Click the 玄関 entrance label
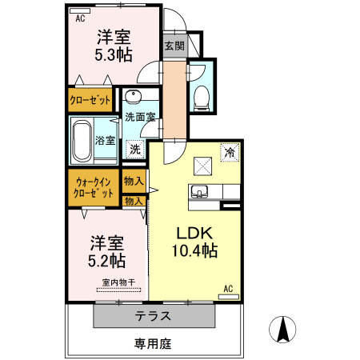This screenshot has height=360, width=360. (x=174, y=46)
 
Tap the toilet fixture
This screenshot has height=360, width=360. (x=202, y=96)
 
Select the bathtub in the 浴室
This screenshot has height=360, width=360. (x=84, y=141)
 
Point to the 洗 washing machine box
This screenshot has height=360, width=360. (x=135, y=148)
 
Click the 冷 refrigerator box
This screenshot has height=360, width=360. (x=230, y=152)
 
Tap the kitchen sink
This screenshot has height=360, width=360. (x=200, y=191)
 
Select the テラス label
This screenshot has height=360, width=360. (x=152, y=314)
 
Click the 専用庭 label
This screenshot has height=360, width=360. (x=152, y=344)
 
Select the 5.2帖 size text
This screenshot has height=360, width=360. (x=106, y=260)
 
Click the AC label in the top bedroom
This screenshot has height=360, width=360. (x=80, y=18)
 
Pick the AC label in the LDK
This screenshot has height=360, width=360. (x=228, y=289)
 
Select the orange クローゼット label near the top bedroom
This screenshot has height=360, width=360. (x=90, y=101)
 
